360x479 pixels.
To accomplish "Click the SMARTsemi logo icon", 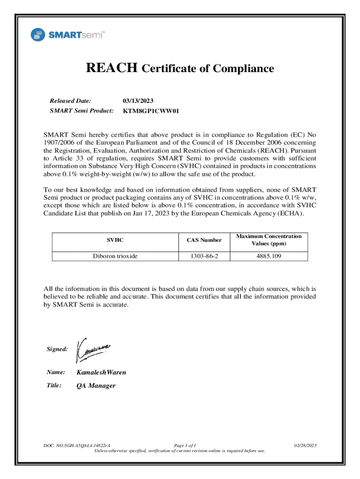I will click(38, 35).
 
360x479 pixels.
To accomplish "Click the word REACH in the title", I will click(111, 68).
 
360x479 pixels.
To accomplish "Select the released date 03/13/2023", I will click(138, 101).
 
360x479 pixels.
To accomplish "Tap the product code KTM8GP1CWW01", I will click(151, 111).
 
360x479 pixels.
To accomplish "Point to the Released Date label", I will click(70, 101).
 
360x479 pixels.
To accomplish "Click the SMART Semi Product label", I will click(81, 111).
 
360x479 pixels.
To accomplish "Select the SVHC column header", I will click(115, 240).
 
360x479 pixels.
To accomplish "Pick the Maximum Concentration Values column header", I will click(269, 240).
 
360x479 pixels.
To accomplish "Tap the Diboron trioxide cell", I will click(115, 256).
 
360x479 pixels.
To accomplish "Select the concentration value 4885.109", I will click(269, 256).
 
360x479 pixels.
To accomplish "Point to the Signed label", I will click(57, 349).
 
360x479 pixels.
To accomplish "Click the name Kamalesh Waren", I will click(101, 373).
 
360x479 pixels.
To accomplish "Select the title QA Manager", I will click(96, 386).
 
